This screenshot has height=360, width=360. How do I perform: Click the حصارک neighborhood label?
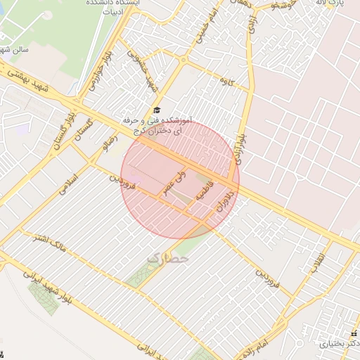pyautogui.click(x=168, y=259)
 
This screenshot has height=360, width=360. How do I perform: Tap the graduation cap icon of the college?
pyautogui.click(x=157, y=110)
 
